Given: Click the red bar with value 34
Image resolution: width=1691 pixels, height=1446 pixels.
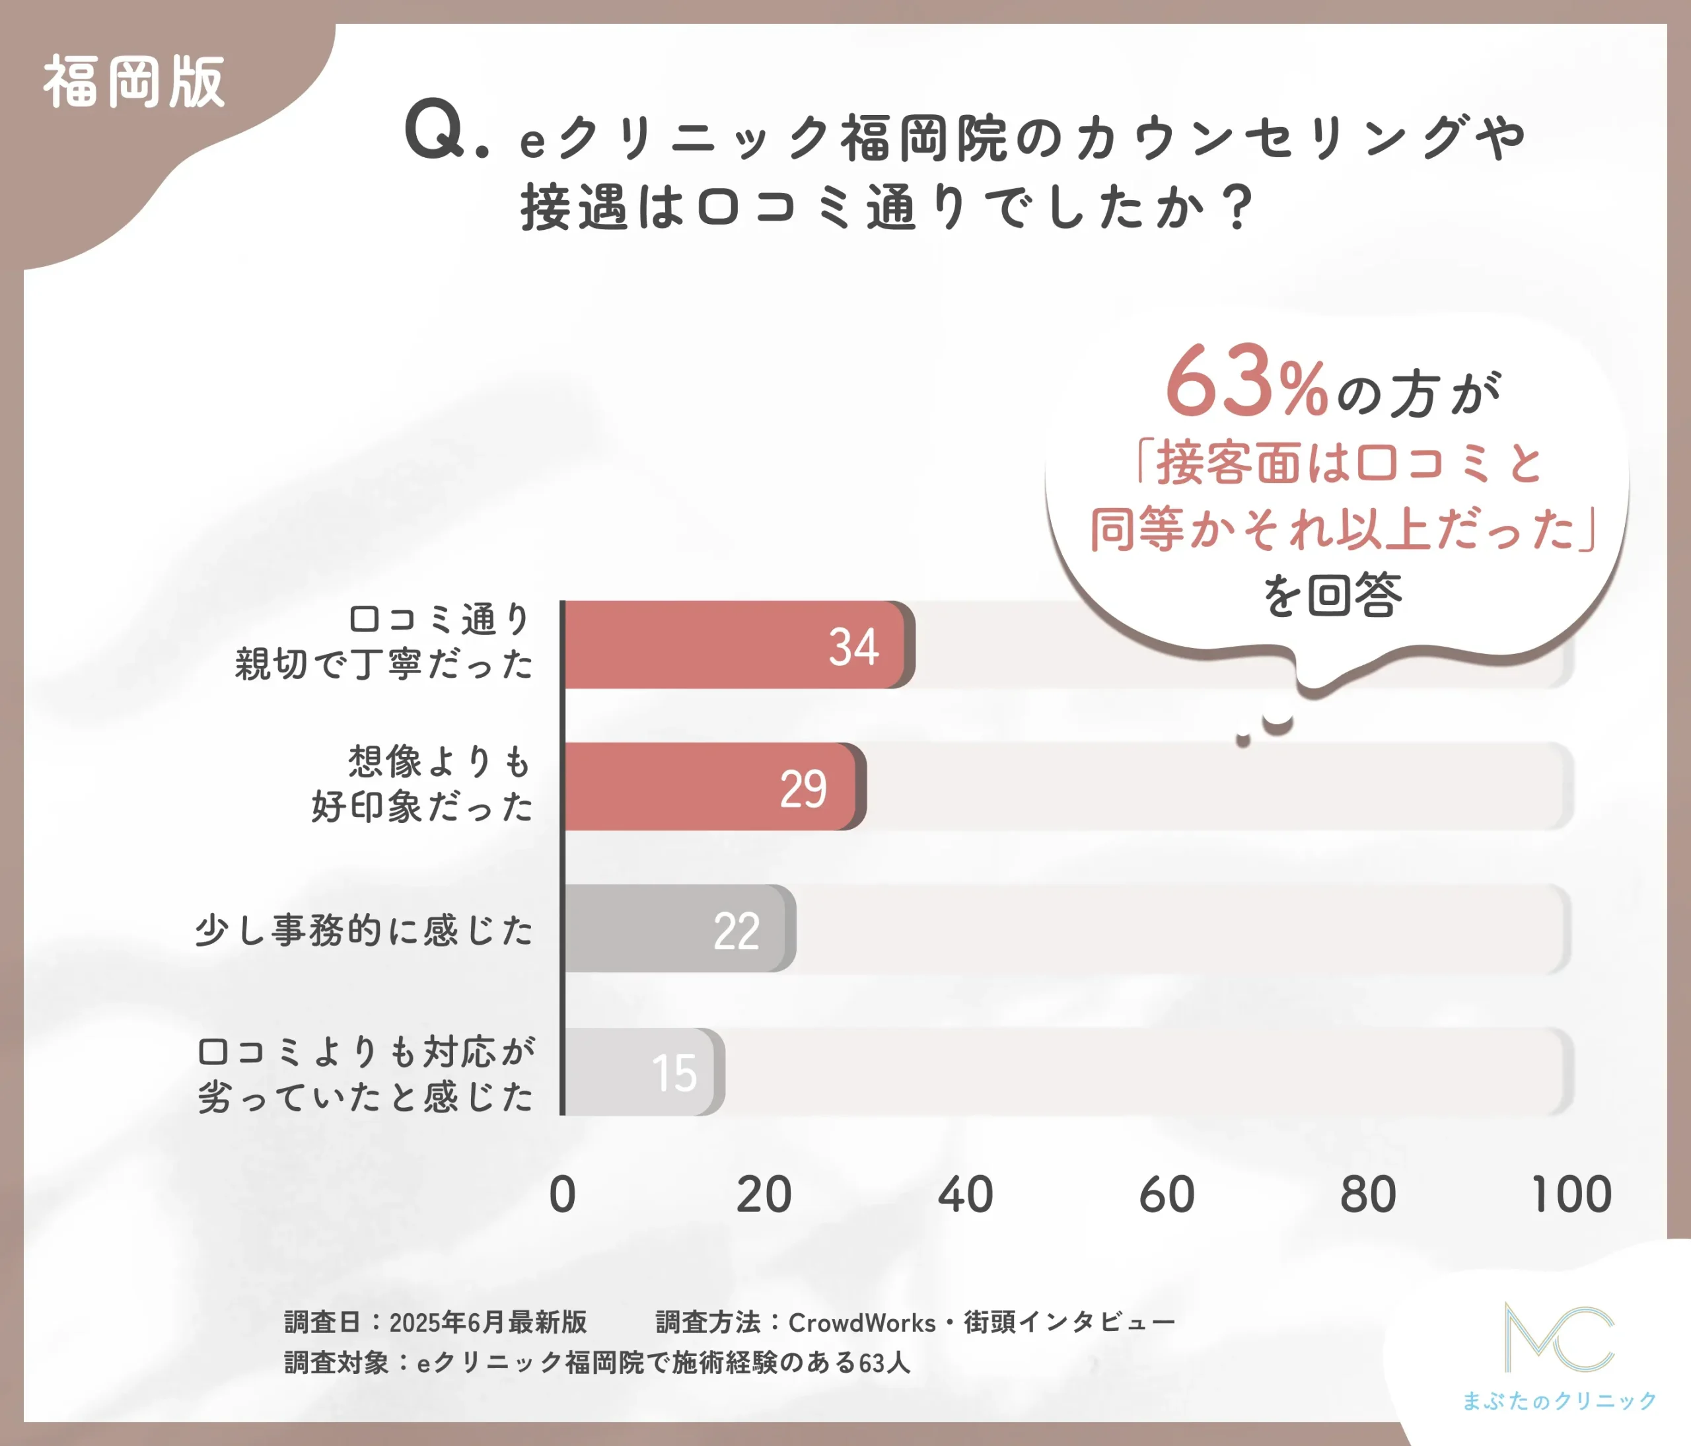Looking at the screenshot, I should click(x=735, y=645).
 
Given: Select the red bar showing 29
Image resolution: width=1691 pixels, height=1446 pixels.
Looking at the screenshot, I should click(x=710, y=787).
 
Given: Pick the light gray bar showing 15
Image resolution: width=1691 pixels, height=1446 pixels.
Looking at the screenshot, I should click(x=641, y=1071).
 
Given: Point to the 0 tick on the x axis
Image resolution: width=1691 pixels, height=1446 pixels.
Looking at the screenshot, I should click(x=562, y=1195).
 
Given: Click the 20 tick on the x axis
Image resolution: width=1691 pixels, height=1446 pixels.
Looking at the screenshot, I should click(x=764, y=1195).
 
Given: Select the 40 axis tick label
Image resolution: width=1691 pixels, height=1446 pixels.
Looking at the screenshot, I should click(x=966, y=1195).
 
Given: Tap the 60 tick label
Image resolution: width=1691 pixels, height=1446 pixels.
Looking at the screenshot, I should click(x=1167, y=1195).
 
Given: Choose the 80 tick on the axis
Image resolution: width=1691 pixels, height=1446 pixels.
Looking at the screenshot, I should click(x=1369, y=1195).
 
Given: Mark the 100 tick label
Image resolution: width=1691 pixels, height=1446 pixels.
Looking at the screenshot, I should click(x=1571, y=1195).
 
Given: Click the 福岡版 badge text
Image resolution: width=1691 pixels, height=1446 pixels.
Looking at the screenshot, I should click(x=134, y=83).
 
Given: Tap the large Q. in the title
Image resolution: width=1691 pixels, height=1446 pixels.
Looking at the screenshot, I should click(x=445, y=131).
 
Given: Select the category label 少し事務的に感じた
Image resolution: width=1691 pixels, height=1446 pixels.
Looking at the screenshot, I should click(x=364, y=930).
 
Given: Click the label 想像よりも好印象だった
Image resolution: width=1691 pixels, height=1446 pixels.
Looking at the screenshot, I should click(x=422, y=783).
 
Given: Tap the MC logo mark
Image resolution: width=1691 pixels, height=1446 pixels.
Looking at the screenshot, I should click(x=1559, y=1338).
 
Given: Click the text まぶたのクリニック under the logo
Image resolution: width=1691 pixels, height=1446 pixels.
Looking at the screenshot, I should click(x=1559, y=1401).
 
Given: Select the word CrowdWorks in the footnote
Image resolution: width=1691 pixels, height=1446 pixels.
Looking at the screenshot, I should click(x=862, y=1322).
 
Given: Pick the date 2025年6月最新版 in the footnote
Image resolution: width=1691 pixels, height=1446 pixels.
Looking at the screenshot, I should click(x=488, y=1322).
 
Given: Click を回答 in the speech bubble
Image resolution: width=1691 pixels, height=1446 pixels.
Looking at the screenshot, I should click(x=1332, y=596).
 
